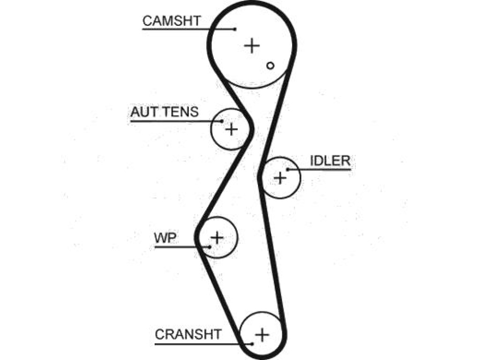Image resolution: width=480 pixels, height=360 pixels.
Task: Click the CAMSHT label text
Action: pyautogui.click(x=172, y=21)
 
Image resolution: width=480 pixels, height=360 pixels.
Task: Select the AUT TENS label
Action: pyautogui.click(x=165, y=112)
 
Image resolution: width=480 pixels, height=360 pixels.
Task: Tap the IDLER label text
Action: pyautogui.click(x=330, y=161)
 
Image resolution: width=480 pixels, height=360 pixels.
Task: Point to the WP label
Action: pyautogui.click(x=165, y=238)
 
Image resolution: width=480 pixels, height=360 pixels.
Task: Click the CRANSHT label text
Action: pyautogui.click(x=188, y=334)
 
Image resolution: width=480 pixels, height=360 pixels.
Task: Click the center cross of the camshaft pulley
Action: pyautogui.click(x=252, y=45)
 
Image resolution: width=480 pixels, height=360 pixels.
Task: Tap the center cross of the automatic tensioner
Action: pyautogui.click(x=232, y=129)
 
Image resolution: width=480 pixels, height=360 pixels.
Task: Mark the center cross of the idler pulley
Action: pyautogui.click(x=280, y=178)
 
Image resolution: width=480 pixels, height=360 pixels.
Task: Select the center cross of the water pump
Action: pyautogui.click(x=217, y=238)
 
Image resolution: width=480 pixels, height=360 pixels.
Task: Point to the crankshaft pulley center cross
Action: pyautogui.click(x=262, y=335)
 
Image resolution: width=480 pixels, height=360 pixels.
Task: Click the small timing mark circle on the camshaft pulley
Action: pyautogui.click(x=270, y=66)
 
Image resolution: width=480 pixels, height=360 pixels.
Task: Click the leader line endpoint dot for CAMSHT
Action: pyautogui.click(x=235, y=30)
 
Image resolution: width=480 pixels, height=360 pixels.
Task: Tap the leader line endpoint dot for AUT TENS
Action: pyautogui.click(x=222, y=121)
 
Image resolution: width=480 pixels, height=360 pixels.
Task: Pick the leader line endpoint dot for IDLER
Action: pyautogui.click(x=288, y=169)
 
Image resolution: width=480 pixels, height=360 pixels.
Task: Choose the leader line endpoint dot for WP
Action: pyautogui.click(x=210, y=247)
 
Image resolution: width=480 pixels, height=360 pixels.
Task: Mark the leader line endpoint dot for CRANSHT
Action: pyautogui.click(x=252, y=344)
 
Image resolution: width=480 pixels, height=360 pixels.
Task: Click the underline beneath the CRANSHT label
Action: pyautogui.click(x=203, y=344)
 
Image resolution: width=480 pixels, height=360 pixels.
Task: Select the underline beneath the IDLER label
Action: pyautogui.click(x=319, y=169)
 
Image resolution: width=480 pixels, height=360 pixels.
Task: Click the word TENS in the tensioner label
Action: pyautogui.click(x=182, y=112)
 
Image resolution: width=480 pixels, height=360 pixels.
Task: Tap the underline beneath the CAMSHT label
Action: pyautogui.click(x=188, y=30)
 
